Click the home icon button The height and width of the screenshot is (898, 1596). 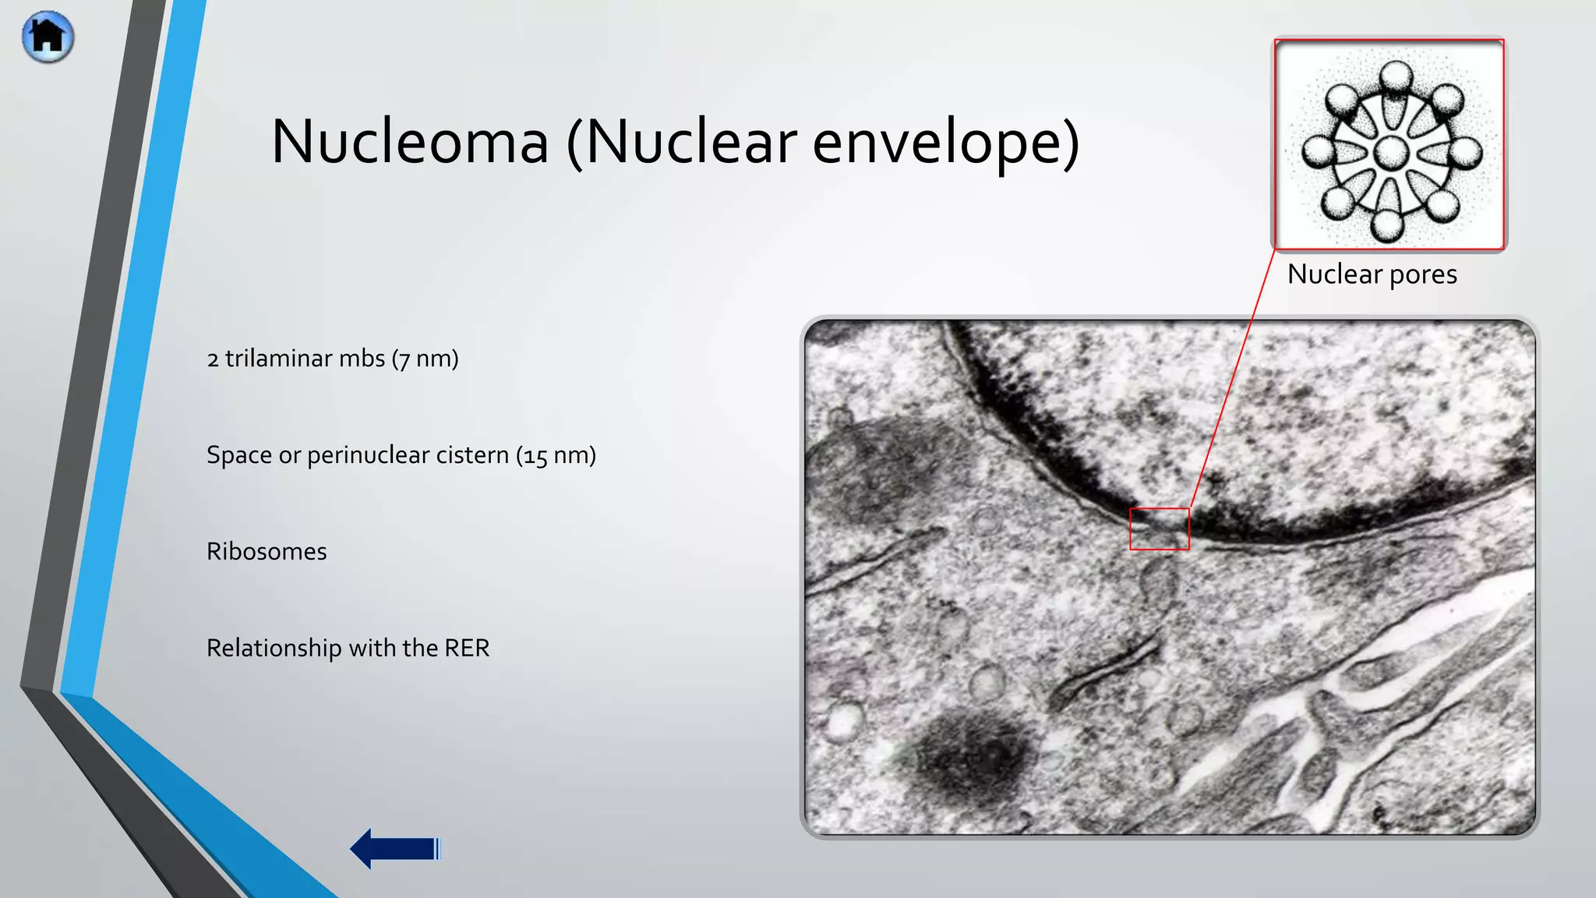point(48,37)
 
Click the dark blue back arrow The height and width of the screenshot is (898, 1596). point(395,848)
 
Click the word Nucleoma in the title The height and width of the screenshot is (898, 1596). point(410,142)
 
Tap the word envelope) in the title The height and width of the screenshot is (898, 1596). point(945,142)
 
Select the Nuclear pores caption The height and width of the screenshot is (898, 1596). point(1372,274)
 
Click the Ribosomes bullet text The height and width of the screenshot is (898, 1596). point(267,552)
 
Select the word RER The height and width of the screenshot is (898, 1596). point(467,648)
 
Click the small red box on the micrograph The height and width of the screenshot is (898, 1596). point(1160,529)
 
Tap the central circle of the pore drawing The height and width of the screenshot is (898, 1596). point(1390,153)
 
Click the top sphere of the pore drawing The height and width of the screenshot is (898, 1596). point(1395,78)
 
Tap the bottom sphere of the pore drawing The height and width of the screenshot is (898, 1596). point(1388,224)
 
